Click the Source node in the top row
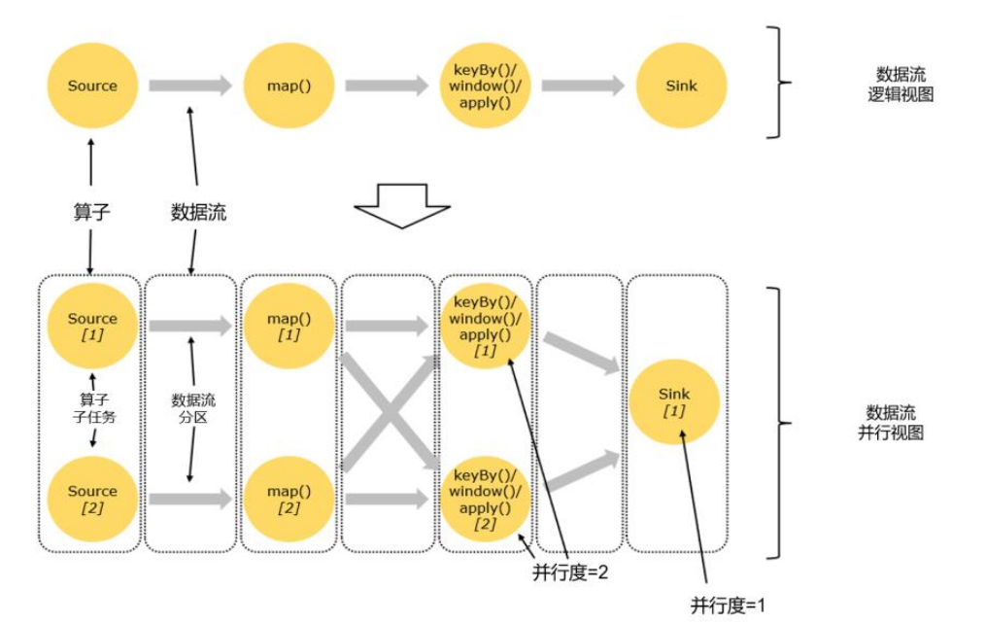click(x=92, y=86)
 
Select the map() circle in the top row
click(x=289, y=86)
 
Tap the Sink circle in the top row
click(x=681, y=86)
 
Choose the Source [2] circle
click(x=92, y=499)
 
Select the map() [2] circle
click(x=289, y=499)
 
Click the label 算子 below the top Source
click(x=91, y=212)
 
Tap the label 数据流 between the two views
click(x=198, y=212)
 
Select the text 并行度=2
click(x=570, y=572)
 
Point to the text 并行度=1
click(x=729, y=606)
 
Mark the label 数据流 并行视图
click(x=891, y=423)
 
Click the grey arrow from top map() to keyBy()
click(x=386, y=86)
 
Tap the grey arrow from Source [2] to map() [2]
click(x=190, y=499)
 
